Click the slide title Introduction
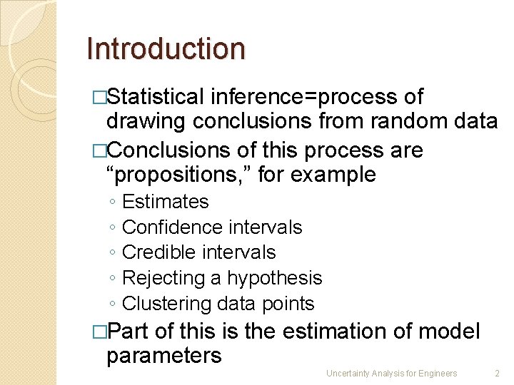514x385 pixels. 166,48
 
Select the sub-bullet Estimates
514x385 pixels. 166,202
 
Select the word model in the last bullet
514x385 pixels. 450,332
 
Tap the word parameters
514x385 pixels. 164,355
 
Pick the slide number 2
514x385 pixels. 497,374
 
